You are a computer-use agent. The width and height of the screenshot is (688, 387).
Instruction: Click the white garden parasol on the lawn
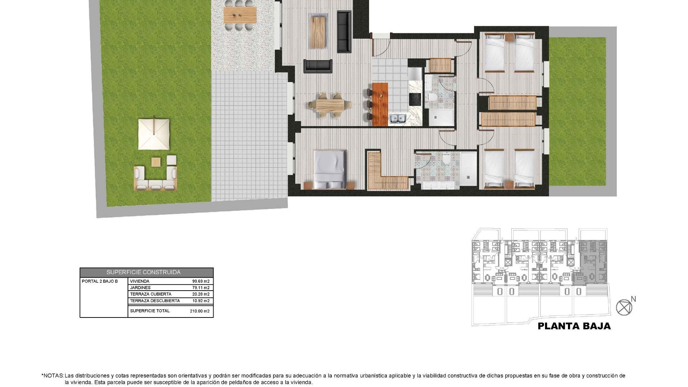point(154,134)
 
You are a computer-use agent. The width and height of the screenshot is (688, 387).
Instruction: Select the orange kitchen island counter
point(380,104)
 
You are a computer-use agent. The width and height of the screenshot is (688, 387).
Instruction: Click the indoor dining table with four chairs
point(330,105)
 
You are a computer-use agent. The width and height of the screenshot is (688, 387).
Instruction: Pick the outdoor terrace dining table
point(240,15)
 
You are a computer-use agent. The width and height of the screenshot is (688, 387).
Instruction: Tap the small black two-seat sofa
point(318,66)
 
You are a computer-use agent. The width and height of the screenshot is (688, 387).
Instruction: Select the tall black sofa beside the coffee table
point(344,32)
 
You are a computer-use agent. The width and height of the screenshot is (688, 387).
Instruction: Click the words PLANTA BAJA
point(574,326)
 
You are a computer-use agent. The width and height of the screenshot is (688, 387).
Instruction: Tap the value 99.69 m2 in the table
point(201,281)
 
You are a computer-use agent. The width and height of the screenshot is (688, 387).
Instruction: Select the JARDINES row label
point(140,288)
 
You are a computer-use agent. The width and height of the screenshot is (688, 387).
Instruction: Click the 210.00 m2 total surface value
point(200,311)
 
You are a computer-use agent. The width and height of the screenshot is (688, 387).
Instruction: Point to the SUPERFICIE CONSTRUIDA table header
point(143,272)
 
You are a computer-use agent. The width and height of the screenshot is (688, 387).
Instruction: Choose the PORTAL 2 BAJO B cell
point(100,281)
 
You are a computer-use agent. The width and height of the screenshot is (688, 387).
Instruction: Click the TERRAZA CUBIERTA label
point(150,294)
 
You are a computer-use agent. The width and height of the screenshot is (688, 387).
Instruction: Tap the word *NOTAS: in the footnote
point(53,376)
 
